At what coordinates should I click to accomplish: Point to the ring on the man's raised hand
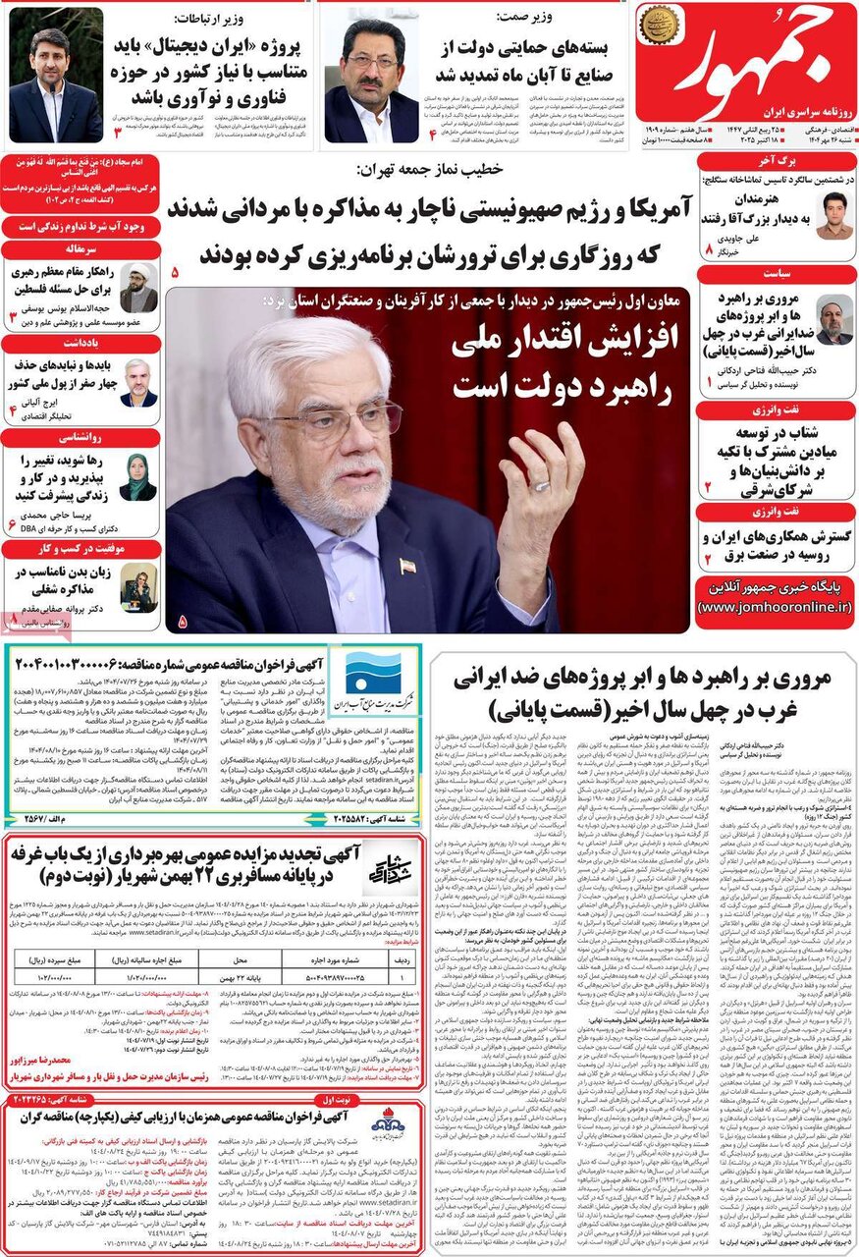[541, 485]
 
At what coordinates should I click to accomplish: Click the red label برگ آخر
[775, 161]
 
